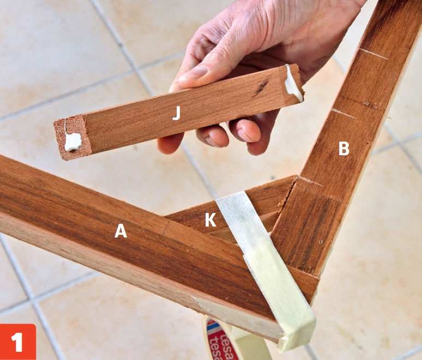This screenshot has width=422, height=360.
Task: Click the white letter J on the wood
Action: coord(176,113)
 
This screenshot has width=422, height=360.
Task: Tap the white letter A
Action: coord(120,231)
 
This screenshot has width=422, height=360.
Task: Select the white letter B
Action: coord(343,148)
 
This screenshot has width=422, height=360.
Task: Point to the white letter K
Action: coord(210,220)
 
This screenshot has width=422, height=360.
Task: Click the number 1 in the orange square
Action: coord(17,342)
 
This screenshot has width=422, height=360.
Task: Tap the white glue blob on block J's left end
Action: coord(73,142)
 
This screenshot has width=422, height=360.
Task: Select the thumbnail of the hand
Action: coord(194,72)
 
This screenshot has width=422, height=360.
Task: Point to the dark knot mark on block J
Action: coord(261,88)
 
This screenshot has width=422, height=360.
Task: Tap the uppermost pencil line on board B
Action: coord(374,54)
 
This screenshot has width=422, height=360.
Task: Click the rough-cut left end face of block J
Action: coord(72,137)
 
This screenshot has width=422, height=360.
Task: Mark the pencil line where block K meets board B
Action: coord(310,181)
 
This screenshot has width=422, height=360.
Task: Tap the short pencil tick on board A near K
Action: coord(167,227)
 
